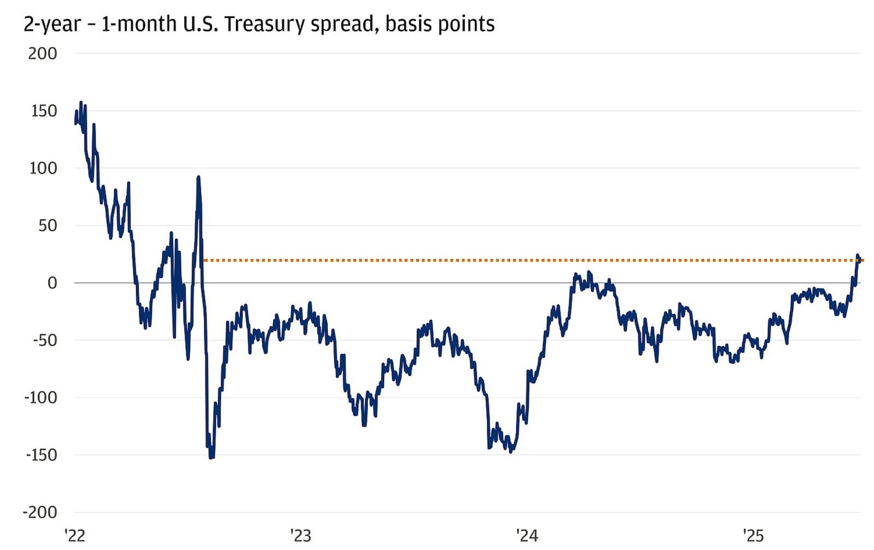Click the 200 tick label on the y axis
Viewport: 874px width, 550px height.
coord(43,54)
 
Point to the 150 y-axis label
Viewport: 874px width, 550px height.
coord(44,111)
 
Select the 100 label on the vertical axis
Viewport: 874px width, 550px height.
coord(43,168)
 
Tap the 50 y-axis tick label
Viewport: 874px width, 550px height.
coord(48,225)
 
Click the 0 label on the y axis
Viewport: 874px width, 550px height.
coord(52,283)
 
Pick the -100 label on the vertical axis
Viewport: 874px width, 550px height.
coord(40,397)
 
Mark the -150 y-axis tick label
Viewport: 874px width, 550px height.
coord(41,455)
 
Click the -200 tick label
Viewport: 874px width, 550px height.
coord(40,512)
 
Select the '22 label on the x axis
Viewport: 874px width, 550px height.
coord(75,536)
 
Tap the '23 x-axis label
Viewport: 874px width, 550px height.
coord(300,536)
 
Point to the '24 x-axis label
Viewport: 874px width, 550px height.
coord(527,536)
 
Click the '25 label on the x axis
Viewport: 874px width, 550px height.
coord(753,536)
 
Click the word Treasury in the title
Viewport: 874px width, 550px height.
coord(264,24)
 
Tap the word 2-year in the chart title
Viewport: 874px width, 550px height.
coord(52,24)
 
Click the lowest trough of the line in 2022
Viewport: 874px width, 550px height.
coord(211,457)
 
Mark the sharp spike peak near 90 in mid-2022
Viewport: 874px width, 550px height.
coord(198,177)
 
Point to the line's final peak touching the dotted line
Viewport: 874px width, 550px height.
coord(858,255)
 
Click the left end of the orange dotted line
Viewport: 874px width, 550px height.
coord(204,260)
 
